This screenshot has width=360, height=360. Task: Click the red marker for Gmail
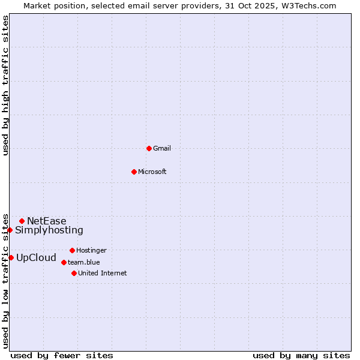pyautogui.click(x=149, y=148)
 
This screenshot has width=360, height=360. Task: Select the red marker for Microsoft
pyautogui.click(x=134, y=172)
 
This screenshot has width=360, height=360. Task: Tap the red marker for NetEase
pyautogui.click(x=22, y=221)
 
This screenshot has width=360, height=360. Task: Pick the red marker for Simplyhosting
pyautogui.click(x=10, y=230)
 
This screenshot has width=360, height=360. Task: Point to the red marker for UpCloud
pyautogui.click(x=11, y=257)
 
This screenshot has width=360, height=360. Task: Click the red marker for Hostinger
pyautogui.click(x=72, y=250)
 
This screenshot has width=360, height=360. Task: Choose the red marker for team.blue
pyautogui.click(x=64, y=262)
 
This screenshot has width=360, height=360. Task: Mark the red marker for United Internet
pyautogui.click(x=74, y=273)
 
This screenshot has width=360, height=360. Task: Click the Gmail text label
pyautogui.click(x=162, y=148)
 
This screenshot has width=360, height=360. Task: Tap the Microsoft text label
pyautogui.click(x=152, y=172)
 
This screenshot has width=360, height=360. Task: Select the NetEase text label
pyautogui.click(x=47, y=221)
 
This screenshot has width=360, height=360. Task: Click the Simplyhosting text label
pyautogui.click(x=49, y=230)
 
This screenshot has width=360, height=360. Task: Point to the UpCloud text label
pyautogui.click(x=36, y=258)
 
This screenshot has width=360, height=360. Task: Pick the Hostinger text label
pyautogui.click(x=91, y=250)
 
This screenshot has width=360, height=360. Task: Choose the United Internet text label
pyautogui.click(x=102, y=273)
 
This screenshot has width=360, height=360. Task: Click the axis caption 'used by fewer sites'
pyautogui.click(x=62, y=355)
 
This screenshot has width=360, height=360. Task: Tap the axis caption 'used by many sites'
pyautogui.click(x=301, y=355)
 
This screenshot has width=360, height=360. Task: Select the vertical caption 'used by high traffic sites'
pyautogui.click(x=5, y=85)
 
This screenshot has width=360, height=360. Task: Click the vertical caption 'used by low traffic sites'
pyautogui.click(x=5, y=280)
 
